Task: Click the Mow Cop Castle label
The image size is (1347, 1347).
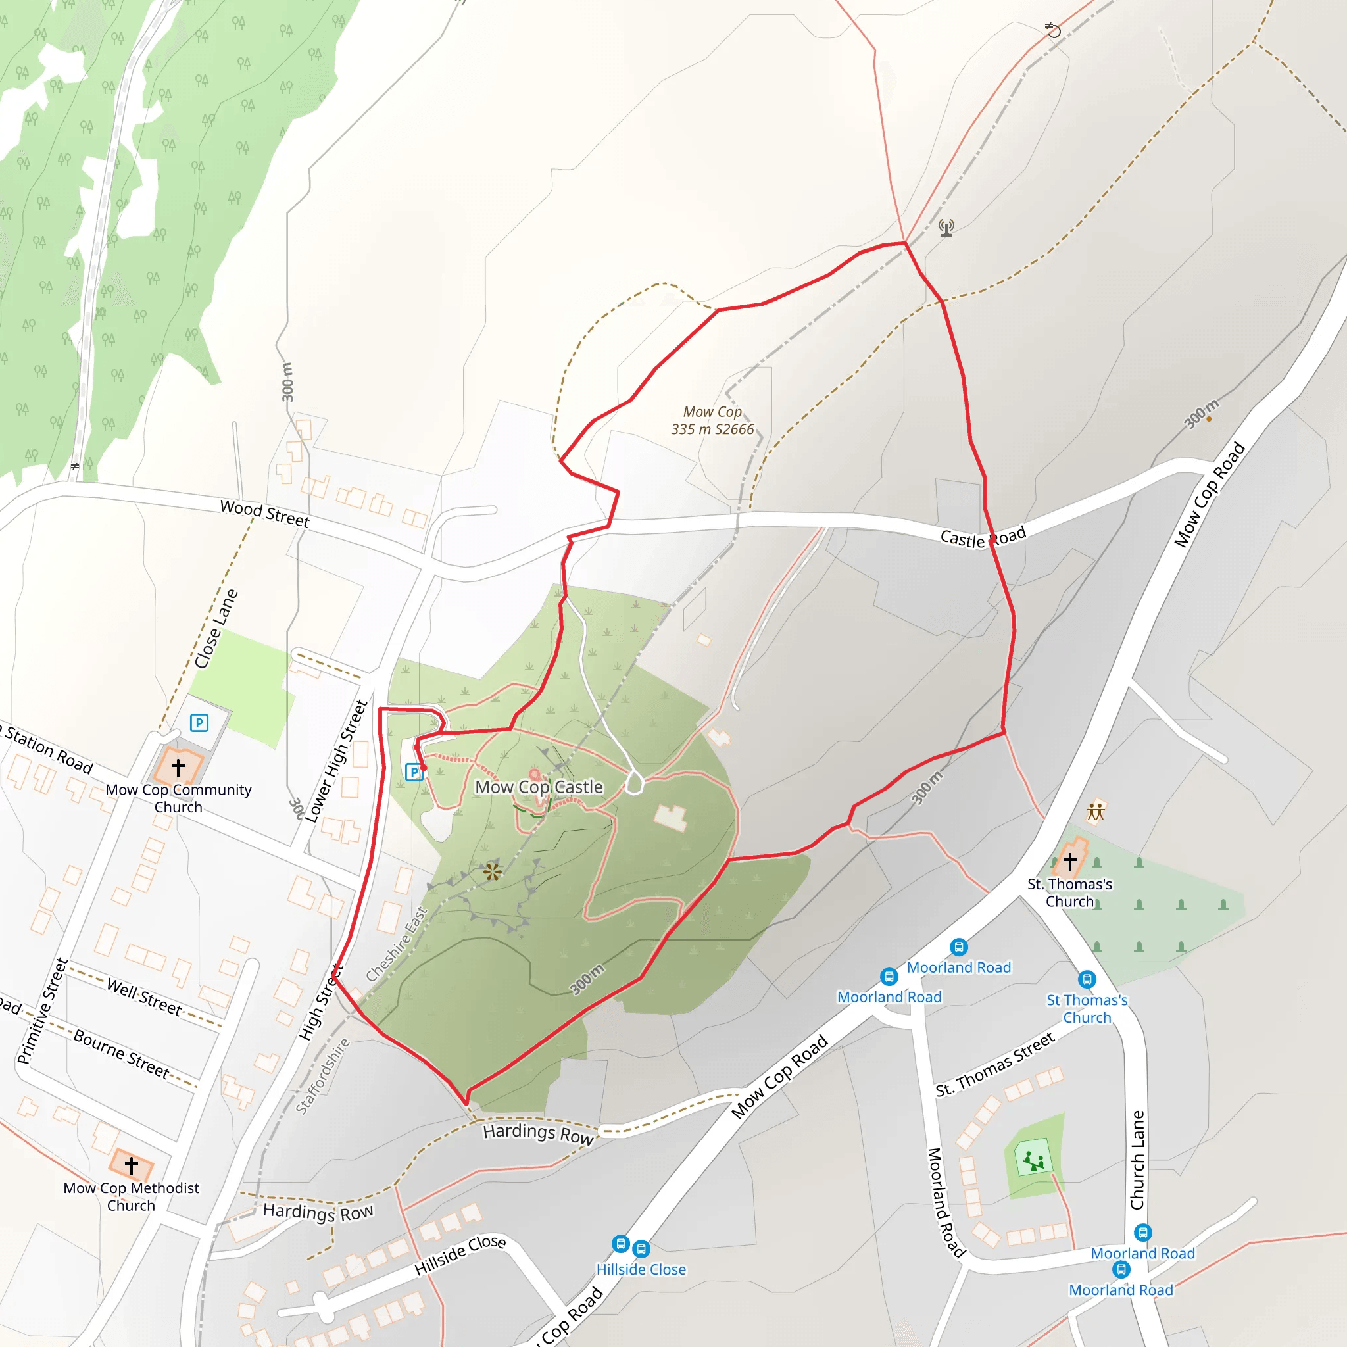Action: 539,787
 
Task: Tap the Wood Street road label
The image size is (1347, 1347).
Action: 264,514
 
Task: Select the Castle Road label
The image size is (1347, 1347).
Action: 983,537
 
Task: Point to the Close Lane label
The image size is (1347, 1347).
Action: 216,629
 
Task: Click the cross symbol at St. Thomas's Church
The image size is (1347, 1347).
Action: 1069,862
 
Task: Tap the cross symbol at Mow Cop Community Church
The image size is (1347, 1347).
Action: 178,768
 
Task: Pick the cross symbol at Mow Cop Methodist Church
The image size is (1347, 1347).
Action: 131,1165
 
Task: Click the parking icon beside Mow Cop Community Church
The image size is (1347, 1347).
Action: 199,722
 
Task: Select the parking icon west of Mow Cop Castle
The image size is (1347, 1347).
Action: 414,771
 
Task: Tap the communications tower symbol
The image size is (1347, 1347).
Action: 946,228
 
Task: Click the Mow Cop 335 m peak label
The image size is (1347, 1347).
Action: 712,420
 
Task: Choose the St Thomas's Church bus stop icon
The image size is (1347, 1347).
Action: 1087,979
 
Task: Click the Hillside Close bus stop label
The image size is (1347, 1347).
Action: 641,1269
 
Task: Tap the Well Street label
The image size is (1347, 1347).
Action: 144,997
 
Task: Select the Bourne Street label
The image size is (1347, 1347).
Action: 121,1054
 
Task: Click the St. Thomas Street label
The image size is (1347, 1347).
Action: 995,1064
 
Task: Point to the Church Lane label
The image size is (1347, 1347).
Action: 1137,1160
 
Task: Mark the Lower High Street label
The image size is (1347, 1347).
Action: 337,762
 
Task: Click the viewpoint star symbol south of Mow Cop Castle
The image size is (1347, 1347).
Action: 493,871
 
